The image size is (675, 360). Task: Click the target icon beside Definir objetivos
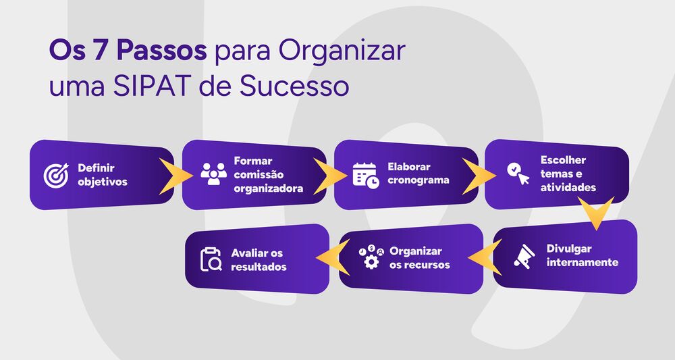point(57,175)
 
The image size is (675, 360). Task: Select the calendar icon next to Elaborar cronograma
point(366,175)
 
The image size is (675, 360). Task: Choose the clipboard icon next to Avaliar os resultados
point(211,259)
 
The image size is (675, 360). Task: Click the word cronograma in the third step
point(418,180)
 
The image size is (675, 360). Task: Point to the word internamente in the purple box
point(583,262)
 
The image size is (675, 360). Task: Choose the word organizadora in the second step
point(268,188)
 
